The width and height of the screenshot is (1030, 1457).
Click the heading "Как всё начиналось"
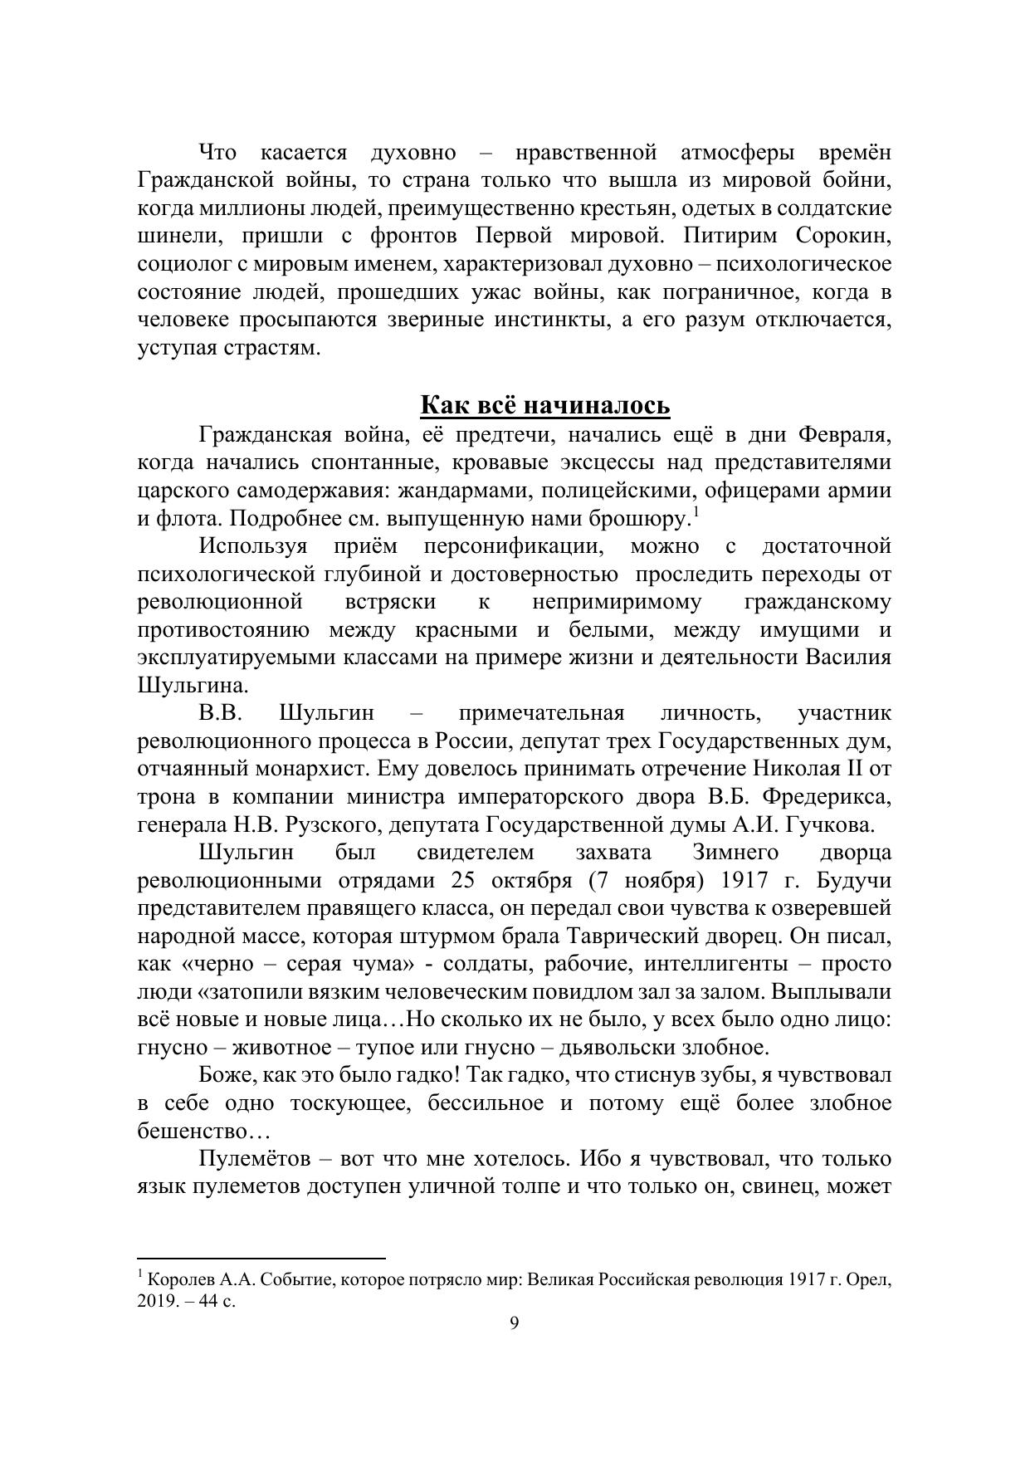544,405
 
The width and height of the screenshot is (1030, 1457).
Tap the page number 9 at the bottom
514,1323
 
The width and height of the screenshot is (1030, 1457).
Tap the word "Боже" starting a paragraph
227,1076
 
